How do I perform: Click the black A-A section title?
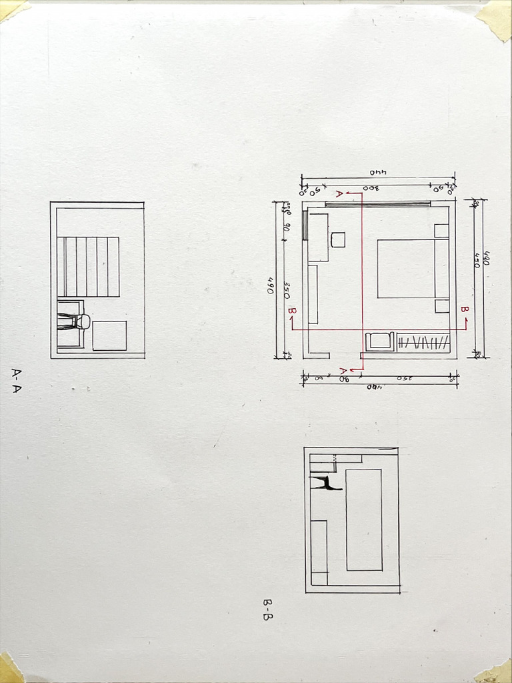click(x=17, y=381)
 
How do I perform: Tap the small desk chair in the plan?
click(x=338, y=239)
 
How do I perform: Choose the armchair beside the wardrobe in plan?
click(x=381, y=341)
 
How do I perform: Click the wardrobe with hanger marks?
click(x=423, y=342)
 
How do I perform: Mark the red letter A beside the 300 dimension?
click(x=339, y=194)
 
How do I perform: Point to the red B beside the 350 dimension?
click(x=291, y=311)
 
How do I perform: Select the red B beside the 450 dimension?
click(x=465, y=310)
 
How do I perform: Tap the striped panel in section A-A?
click(x=88, y=266)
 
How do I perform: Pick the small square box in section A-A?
click(x=109, y=335)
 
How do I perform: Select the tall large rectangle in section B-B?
click(x=363, y=520)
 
